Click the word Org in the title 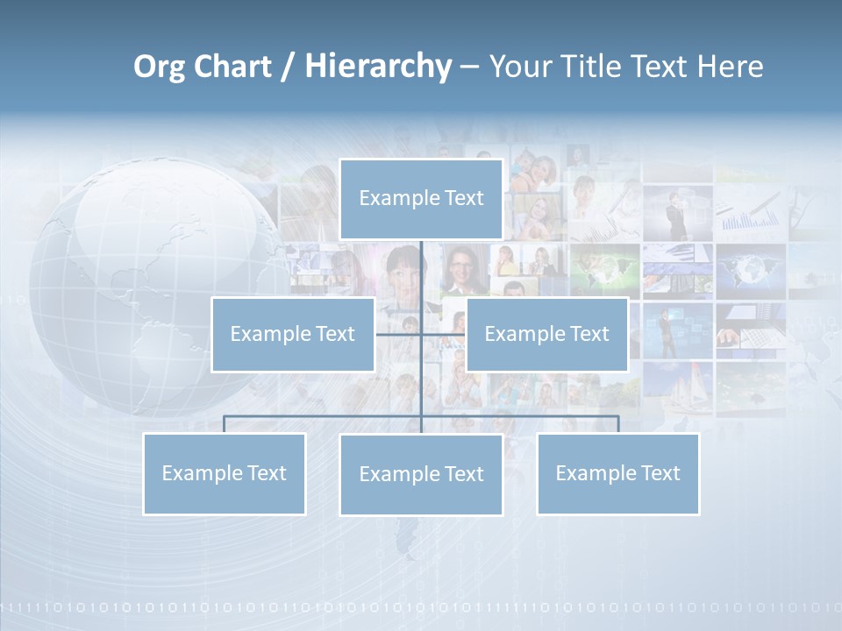click(160, 67)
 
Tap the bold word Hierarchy click(377, 67)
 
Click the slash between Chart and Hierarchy click(287, 67)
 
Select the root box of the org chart click(421, 199)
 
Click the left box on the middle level click(293, 334)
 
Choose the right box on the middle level click(546, 334)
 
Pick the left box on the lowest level click(224, 473)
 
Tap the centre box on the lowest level click(421, 474)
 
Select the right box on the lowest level click(617, 473)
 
